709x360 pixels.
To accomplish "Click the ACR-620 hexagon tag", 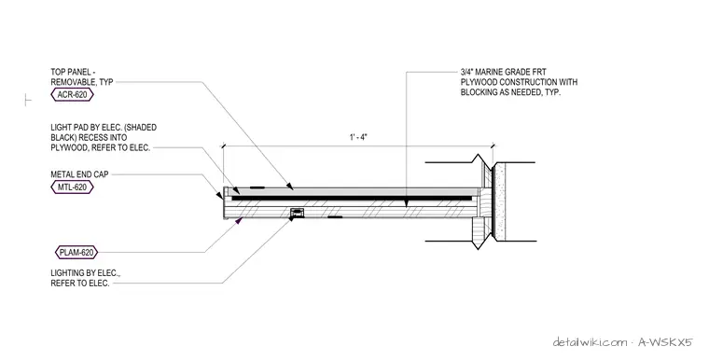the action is (x=73, y=95).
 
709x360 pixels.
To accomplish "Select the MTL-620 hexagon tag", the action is (x=73, y=187).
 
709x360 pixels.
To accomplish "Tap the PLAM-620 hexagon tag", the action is (x=76, y=253).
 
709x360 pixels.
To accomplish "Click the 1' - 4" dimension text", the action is (x=358, y=137).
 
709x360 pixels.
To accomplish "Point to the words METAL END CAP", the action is (x=79, y=174).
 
